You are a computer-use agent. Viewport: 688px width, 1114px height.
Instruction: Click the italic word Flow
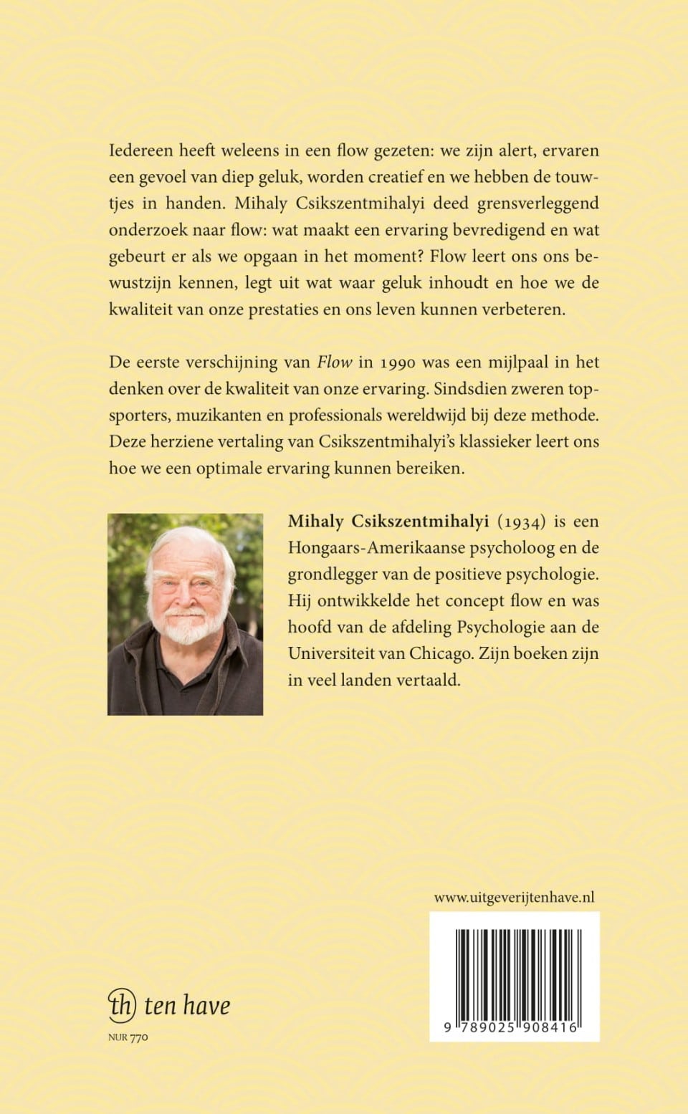pos(335,362)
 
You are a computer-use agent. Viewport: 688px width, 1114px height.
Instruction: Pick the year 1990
pos(397,362)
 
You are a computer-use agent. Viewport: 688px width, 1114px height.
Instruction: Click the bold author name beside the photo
pos(388,522)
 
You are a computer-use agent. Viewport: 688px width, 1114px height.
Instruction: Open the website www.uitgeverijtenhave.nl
pos(514,897)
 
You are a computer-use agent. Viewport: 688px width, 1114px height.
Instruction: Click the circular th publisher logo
pos(121,1004)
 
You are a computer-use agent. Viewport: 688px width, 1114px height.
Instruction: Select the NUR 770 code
pos(128,1037)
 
